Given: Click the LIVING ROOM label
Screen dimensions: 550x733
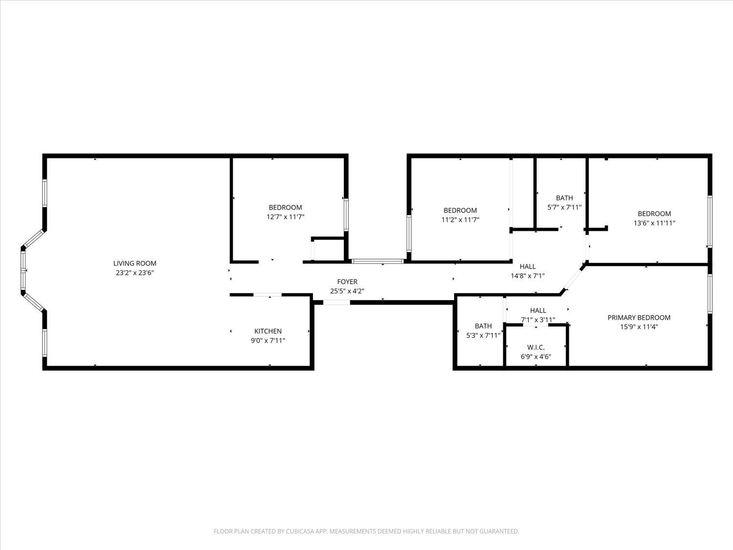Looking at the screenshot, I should pos(135,264).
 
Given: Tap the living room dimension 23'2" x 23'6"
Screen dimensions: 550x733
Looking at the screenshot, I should pos(135,273).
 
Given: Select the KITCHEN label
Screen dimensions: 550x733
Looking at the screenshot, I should pos(268,331).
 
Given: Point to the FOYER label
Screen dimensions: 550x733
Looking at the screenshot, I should pos(347,282).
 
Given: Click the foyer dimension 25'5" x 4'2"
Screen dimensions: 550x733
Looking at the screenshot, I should pos(347,291).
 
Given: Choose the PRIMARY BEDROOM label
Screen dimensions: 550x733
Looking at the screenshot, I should pos(639,317).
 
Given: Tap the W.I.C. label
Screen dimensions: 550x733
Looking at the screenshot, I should pos(536,347).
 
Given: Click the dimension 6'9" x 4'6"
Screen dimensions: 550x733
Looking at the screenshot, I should pos(536,356).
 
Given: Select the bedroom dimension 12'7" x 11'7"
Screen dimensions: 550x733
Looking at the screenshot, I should pos(285,217).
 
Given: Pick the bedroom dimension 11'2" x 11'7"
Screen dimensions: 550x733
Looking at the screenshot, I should pos(460,220).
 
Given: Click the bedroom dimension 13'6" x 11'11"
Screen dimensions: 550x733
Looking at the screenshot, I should pos(654,223).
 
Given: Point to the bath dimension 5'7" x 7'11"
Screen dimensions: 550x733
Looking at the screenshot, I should pos(564,207).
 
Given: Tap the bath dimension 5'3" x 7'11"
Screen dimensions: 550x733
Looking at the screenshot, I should pos(483,335).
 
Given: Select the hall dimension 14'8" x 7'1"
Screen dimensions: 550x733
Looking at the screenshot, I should pos(527,276).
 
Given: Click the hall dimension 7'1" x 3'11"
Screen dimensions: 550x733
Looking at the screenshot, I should pos(538,320).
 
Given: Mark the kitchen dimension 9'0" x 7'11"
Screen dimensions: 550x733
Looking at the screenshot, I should pos(268,340).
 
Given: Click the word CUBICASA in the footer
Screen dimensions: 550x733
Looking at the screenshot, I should pos(299,531).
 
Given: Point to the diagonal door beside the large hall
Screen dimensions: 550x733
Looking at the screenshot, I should pos(572,280).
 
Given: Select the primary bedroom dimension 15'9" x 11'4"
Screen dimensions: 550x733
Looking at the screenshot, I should pos(639,327).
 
